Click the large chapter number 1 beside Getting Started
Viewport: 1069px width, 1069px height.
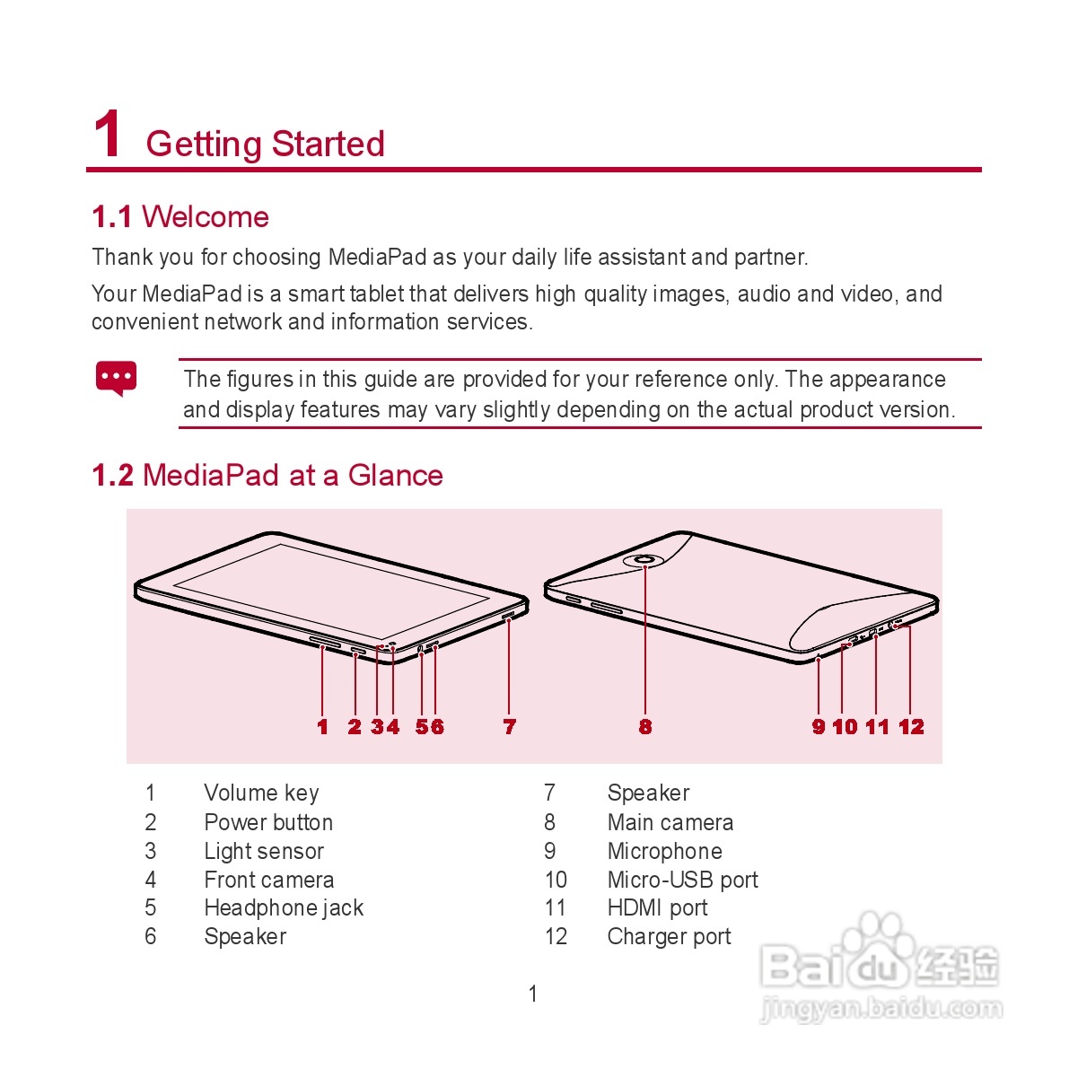pos(108,135)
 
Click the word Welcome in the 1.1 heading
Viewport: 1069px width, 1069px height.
pos(205,217)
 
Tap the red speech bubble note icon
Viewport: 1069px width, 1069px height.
pos(116,378)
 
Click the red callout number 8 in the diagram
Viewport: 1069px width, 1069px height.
pos(645,727)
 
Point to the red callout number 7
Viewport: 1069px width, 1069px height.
pos(510,727)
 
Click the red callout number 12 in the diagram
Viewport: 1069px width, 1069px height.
pos(911,727)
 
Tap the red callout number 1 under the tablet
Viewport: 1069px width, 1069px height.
pos(323,727)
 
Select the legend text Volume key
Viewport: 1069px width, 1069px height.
pos(261,793)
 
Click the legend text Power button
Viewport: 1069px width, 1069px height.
pos(268,822)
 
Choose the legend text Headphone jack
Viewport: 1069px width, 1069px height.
pos(284,908)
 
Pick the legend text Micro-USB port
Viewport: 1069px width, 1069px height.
pos(682,880)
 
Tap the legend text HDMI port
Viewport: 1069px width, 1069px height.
pos(657,908)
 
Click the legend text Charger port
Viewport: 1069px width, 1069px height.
pos(669,937)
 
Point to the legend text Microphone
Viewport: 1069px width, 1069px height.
pos(664,851)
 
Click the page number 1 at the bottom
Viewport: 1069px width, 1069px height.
pos(533,994)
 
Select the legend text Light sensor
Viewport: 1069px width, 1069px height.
pos(264,851)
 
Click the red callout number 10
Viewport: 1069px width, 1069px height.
pos(845,727)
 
